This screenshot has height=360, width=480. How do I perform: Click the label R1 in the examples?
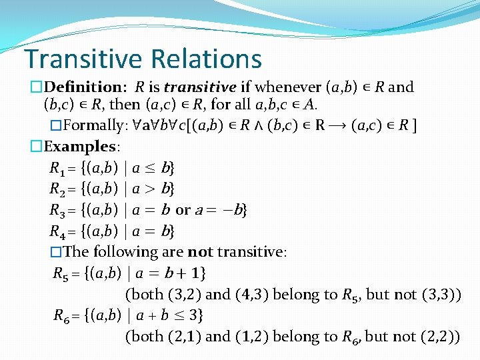pos(58,168)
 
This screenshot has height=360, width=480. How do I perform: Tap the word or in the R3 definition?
pos(183,211)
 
